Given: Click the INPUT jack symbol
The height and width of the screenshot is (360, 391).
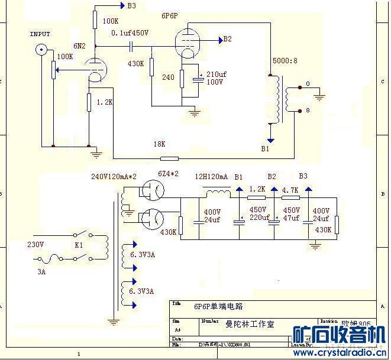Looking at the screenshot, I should (41, 50).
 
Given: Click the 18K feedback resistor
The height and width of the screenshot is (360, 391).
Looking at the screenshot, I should (170, 158).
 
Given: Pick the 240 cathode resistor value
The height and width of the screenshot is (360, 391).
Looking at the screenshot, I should (168, 77).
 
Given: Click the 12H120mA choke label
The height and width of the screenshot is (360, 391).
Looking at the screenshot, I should (211, 176).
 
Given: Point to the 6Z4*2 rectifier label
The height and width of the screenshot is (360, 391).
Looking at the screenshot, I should (170, 174).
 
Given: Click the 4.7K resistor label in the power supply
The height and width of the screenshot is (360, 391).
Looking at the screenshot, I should (290, 190).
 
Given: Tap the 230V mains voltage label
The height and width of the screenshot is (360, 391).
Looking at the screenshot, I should (35, 244).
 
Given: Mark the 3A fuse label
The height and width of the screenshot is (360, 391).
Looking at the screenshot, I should (41, 273).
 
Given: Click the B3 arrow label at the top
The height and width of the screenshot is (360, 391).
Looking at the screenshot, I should (131, 6).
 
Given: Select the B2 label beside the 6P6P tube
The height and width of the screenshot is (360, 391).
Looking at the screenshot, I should (228, 40).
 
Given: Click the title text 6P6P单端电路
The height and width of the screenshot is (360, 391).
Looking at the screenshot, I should (218, 307).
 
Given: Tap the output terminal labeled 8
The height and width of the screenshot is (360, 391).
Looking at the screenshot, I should (308, 110).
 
